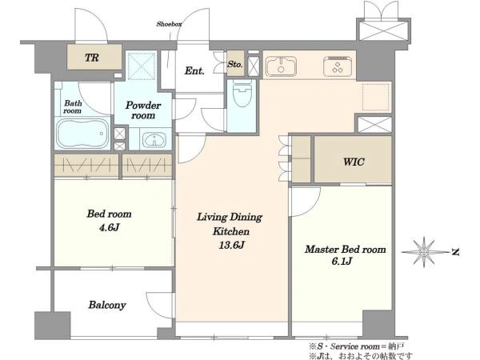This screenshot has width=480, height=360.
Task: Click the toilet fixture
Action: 242,94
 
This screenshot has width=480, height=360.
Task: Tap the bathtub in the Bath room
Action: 82,134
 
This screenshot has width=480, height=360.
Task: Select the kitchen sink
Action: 281,66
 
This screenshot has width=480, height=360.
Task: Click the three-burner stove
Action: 338,66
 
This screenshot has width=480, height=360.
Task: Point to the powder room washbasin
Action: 154,140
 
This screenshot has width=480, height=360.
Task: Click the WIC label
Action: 354,162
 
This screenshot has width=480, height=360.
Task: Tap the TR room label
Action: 92,58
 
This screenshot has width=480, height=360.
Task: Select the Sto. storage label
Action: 235,64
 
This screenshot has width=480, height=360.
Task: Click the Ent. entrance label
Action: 194,71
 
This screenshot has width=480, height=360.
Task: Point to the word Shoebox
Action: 170,24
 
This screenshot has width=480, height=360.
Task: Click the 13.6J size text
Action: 231,245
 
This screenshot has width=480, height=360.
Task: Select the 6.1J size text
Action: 342,261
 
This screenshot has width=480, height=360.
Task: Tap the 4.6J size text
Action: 109,227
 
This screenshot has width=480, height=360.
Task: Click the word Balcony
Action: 107,305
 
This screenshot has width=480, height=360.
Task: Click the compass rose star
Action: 424,252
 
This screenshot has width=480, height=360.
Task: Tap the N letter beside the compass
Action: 455,252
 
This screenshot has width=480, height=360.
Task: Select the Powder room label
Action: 143,110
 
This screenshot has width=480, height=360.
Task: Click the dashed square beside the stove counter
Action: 376,97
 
